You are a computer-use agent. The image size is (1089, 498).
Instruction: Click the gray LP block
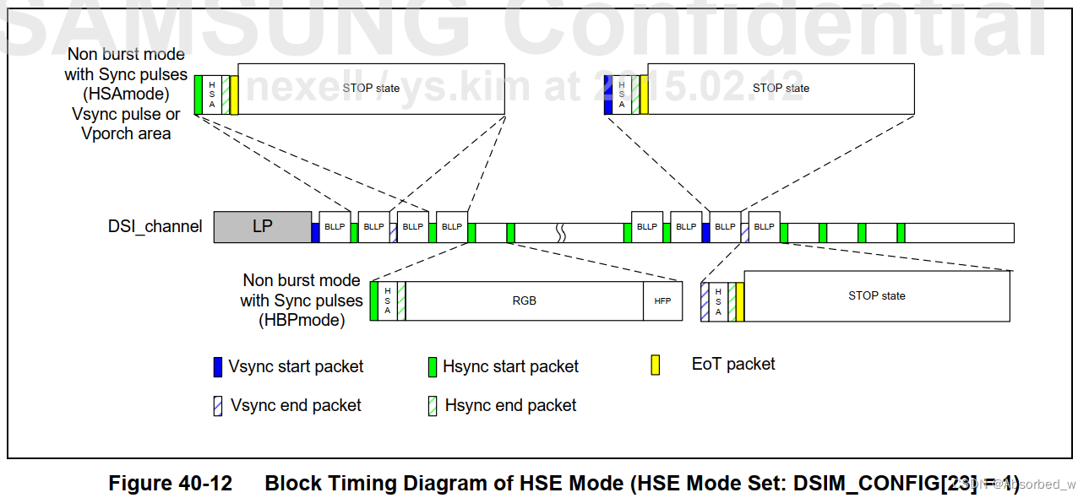click(x=262, y=226)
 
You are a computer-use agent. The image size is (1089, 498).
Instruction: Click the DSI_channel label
click(x=155, y=226)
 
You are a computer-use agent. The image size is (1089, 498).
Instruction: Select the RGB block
click(x=524, y=300)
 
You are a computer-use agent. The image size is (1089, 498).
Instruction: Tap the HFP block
click(x=662, y=300)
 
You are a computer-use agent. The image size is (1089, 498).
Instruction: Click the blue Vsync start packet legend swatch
click(x=218, y=367)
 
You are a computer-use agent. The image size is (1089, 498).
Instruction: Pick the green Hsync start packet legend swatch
click(x=433, y=367)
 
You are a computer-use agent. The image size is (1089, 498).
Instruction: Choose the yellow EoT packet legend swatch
click(x=655, y=365)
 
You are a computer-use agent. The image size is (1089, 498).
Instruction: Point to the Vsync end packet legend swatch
click(x=218, y=406)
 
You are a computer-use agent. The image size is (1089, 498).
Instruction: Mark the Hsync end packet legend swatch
click(x=433, y=406)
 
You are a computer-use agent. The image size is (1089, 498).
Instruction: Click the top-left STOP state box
click(x=371, y=88)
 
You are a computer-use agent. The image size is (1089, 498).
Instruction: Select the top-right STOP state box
click(x=780, y=88)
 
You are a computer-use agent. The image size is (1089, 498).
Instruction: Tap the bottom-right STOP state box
click(x=876, y=295)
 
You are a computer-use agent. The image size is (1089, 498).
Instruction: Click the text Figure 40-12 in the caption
click(x=170, y=483)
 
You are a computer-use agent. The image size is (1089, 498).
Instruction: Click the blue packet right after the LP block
click(x=315, y=232)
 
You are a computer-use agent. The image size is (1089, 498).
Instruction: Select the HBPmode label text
click(x=302, y=320)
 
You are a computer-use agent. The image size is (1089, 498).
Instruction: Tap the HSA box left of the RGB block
click(x=387, y=300)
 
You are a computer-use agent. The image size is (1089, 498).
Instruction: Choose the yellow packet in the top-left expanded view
click(x=234, y=95)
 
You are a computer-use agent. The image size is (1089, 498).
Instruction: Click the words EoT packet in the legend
click(x=733, y=364)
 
